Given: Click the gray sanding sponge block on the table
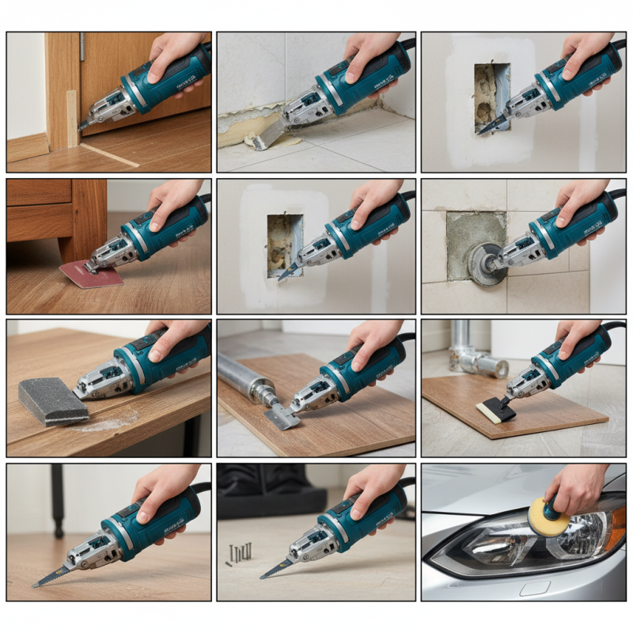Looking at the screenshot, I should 52,402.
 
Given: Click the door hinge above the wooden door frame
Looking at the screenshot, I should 81,47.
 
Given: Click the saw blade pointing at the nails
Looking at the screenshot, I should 277,568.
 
